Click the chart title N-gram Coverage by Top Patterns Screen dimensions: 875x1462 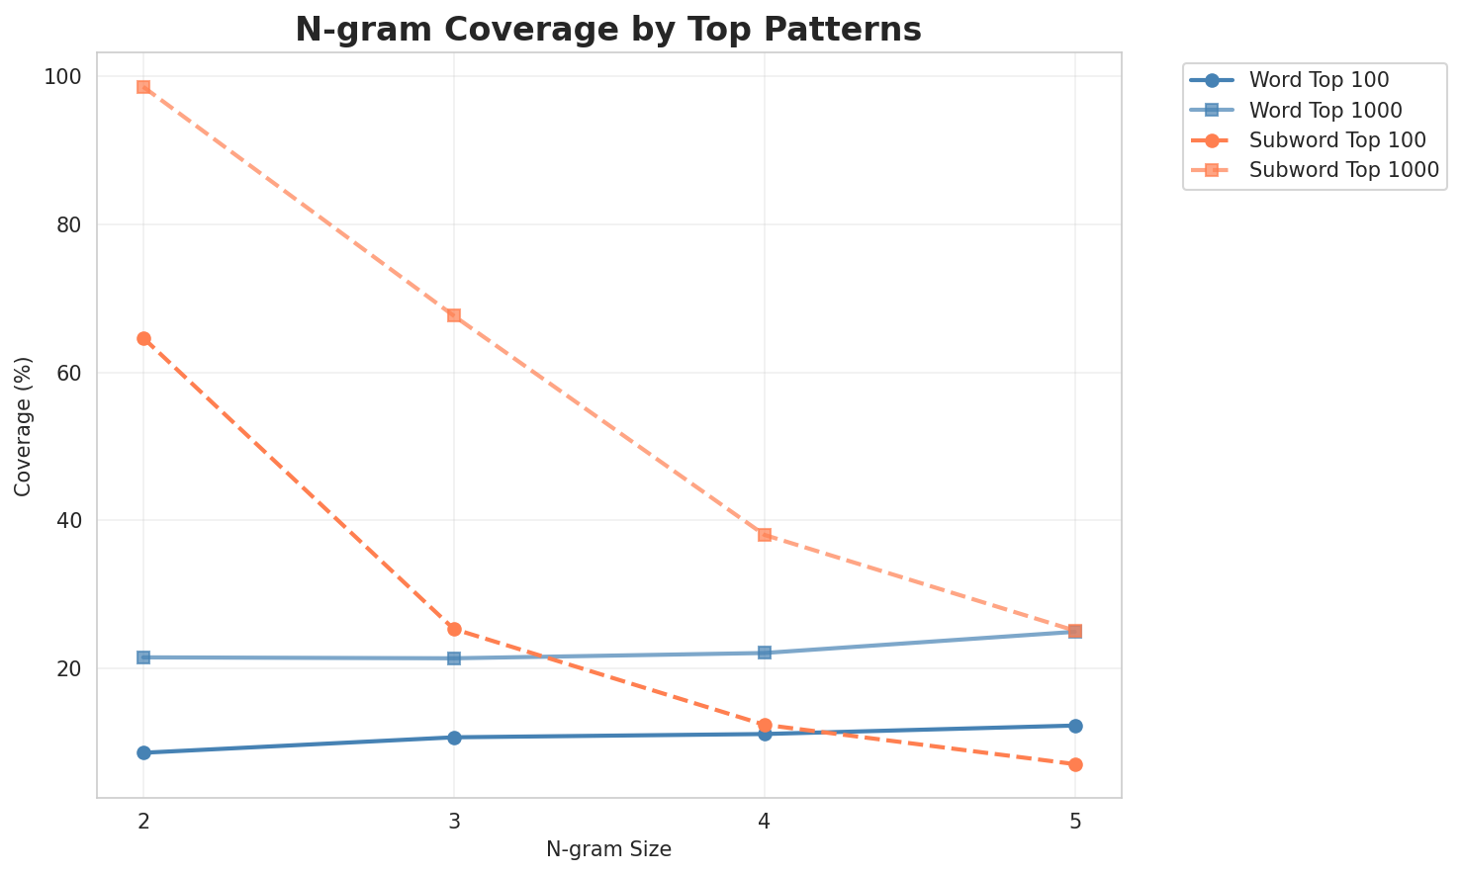coord(608,30)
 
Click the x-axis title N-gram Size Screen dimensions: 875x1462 coord(608,849)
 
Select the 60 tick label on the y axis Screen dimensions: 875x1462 coord(71,373)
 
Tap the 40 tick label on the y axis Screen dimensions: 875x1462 coord(71,521)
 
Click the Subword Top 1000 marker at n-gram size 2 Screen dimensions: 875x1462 coord(143,87)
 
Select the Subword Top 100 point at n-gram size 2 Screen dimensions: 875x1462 coord(143,339)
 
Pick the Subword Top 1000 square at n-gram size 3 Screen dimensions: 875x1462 coord(454,315)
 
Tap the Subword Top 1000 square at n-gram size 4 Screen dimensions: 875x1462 coord(765,535)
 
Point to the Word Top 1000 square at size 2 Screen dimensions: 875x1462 coord(143,657)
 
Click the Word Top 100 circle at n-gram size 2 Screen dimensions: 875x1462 coord(143,752)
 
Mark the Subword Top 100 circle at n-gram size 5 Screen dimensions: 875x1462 coord(1075,764)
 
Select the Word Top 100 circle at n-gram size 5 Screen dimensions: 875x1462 coord(1075,726)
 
